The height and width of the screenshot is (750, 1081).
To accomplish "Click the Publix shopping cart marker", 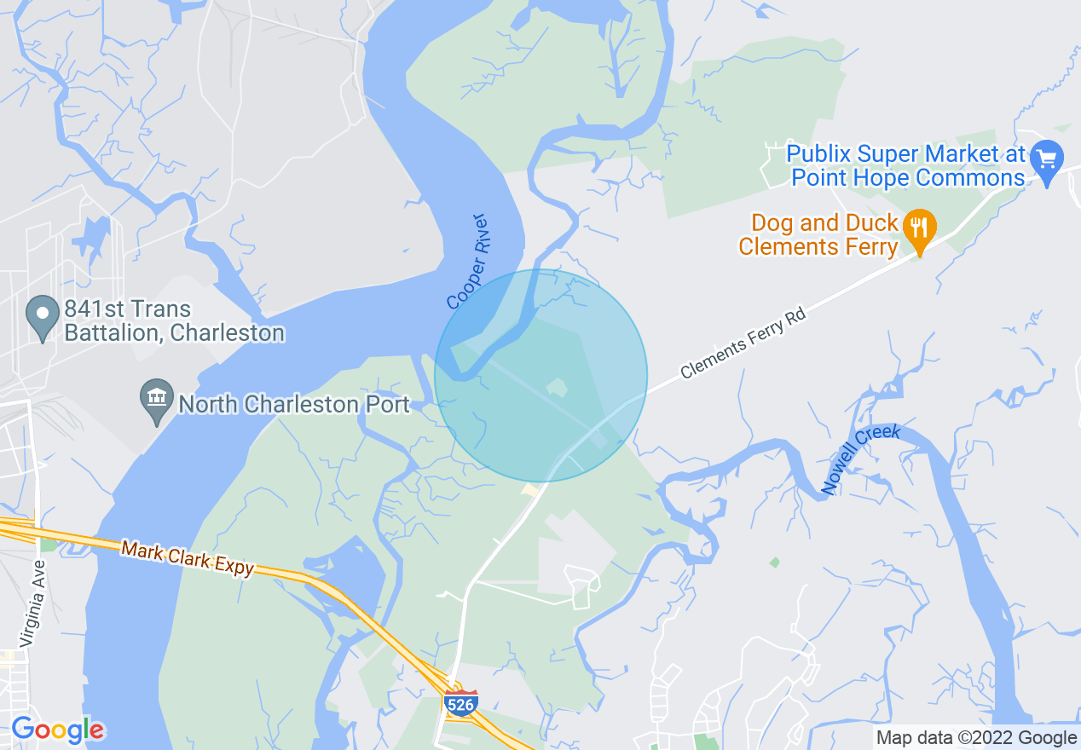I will coord(1046,159).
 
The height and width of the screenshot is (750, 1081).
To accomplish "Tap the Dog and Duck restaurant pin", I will coord(919,228).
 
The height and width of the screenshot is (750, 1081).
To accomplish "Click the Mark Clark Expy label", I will coord(188,558).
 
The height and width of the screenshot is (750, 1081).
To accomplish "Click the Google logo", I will coord(57,730).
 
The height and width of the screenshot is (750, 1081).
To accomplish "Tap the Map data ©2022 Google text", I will coord(977,738).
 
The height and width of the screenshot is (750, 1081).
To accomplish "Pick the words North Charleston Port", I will coord(294,404).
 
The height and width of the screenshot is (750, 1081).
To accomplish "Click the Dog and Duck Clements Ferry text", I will coord(824,235).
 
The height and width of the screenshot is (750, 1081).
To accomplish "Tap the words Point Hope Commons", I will coord(908,178).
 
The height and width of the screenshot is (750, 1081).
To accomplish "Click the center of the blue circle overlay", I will coord(540,376).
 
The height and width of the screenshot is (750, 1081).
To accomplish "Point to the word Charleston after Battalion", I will coord(228,332).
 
